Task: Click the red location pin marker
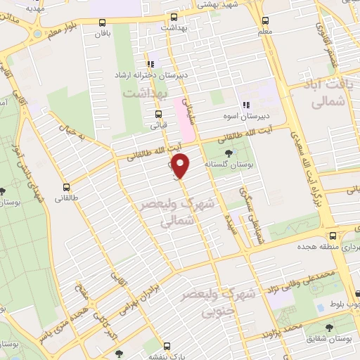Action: (x=181, y=165)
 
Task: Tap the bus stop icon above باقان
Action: (x=103, y=22)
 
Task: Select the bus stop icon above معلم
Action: (x=265, y=20)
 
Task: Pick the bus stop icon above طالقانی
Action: (x=67, y=187)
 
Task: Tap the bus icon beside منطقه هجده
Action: (x=333, y=236)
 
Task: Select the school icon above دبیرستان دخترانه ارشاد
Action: (x=150, y=64)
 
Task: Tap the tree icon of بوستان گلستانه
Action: (x=228, y=153)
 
